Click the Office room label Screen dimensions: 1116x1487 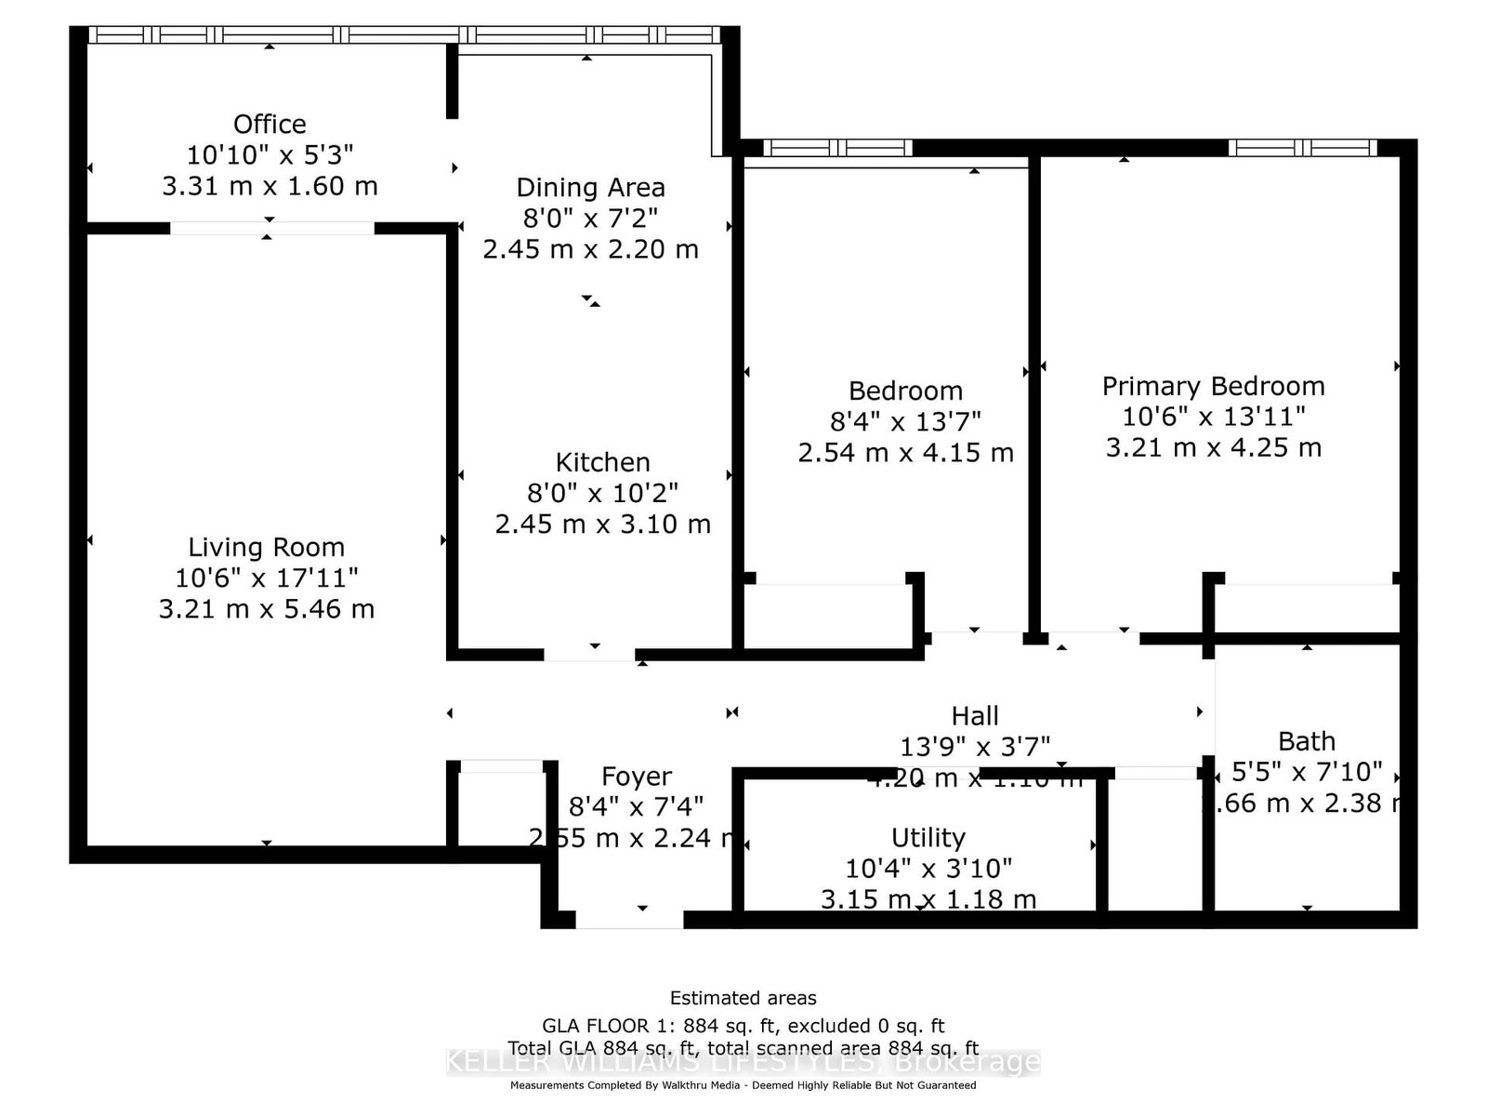270,124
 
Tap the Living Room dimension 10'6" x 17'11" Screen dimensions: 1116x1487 266,578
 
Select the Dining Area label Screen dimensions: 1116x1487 590,187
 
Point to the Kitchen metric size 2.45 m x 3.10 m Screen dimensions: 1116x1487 602,524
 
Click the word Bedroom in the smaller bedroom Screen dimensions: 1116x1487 905,391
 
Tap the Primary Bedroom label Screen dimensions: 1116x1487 1213,386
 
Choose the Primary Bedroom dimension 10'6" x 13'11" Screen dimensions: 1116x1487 1213,416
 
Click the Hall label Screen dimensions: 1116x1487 974,715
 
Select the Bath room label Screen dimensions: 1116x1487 1306,741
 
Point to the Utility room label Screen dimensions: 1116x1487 928,837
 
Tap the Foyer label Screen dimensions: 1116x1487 636,777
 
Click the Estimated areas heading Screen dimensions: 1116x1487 743,998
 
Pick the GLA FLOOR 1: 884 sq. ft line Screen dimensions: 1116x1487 743,1026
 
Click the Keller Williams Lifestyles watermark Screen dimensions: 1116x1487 743,1061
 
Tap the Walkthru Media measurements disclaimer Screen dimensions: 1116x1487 743,1085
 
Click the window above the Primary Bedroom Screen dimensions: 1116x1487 1302,147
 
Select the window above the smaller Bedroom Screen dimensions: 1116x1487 837,147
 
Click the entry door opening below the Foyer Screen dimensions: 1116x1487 629,920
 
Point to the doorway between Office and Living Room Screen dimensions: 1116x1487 271,228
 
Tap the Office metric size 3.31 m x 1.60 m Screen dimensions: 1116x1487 270,186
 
